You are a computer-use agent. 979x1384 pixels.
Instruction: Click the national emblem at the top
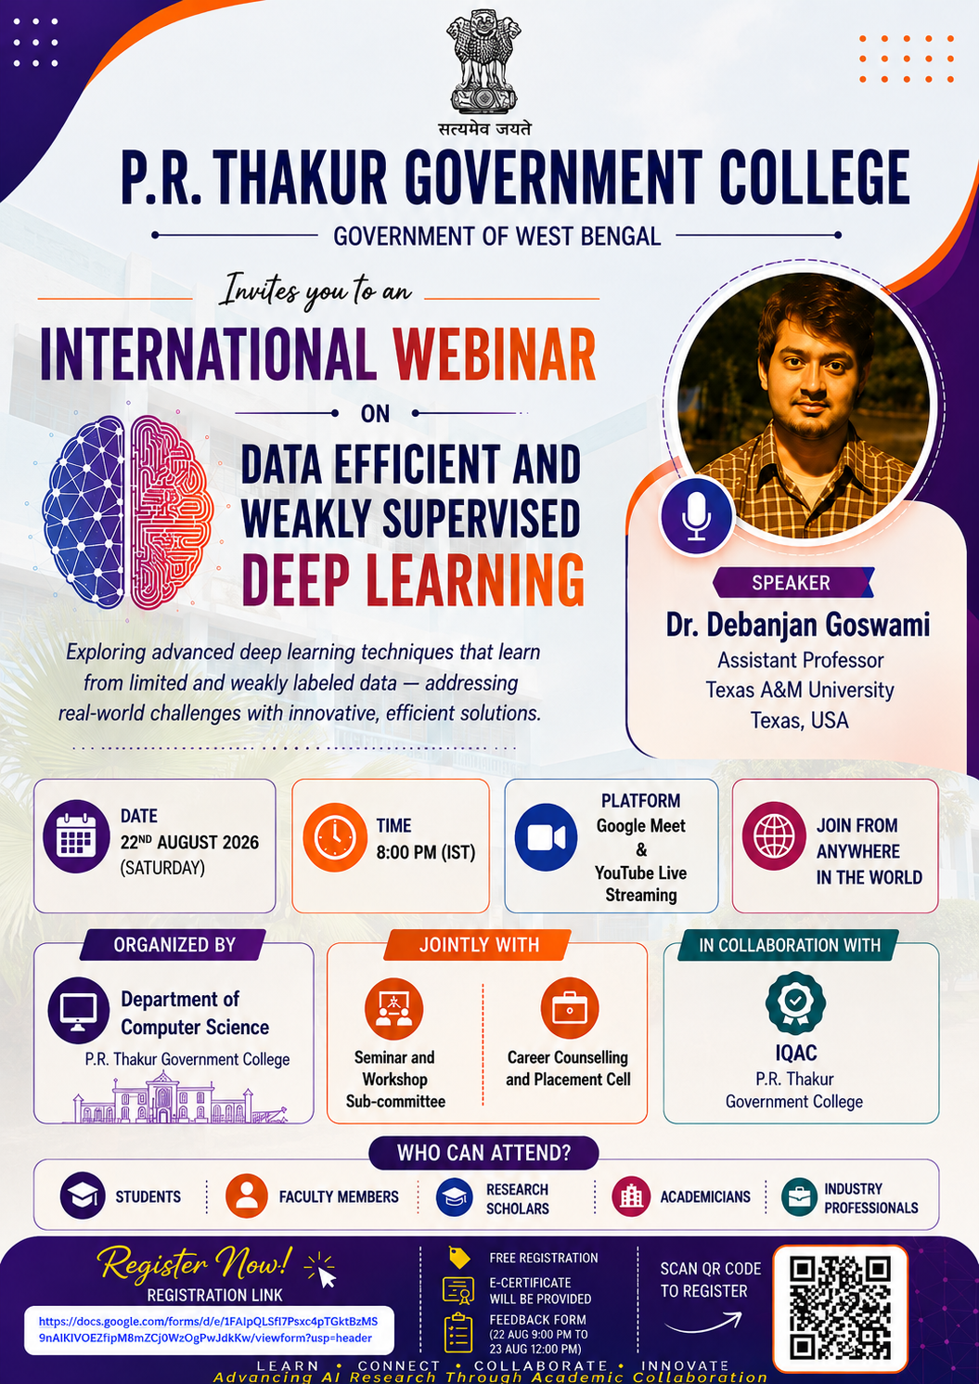483,64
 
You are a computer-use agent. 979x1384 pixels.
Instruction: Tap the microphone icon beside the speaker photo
696,516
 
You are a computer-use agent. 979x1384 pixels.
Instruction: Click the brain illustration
128,511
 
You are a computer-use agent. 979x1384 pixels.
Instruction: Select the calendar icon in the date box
77,836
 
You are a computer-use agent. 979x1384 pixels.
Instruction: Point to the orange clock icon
335,837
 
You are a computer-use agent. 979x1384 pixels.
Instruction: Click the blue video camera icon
546,837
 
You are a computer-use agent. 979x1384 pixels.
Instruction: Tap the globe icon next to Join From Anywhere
774,836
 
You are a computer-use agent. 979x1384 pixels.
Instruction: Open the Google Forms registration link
208,1329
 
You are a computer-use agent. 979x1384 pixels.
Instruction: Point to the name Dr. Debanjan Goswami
797,625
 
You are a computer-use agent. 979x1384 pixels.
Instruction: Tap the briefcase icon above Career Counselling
569,1008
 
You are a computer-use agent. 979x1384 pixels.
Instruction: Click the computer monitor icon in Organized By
79,1010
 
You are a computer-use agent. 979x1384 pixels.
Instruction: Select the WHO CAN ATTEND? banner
483,1152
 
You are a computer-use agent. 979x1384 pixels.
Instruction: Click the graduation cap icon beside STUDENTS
83,1196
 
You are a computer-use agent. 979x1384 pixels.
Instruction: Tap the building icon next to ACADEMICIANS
631,1196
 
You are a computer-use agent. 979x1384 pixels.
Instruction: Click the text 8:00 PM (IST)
426,853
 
